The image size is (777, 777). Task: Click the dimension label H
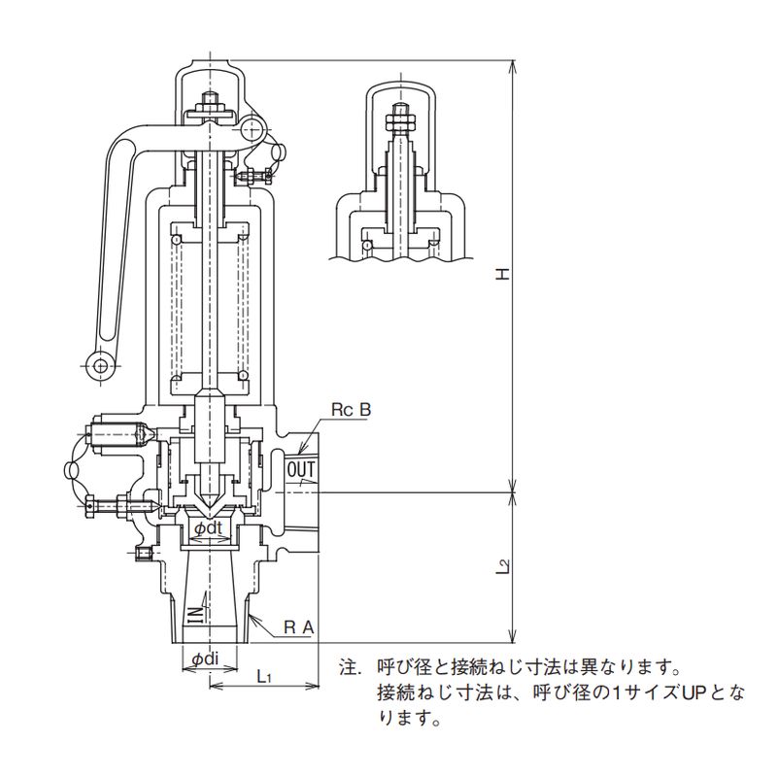click(502, 275)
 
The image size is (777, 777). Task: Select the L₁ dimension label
click(263, 674)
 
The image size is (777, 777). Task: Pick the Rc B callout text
click(352, 410)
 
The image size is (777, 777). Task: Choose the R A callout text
click(298, 627)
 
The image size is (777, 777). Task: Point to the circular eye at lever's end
click(99, 364)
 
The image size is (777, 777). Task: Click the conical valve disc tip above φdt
click(210, 506)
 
